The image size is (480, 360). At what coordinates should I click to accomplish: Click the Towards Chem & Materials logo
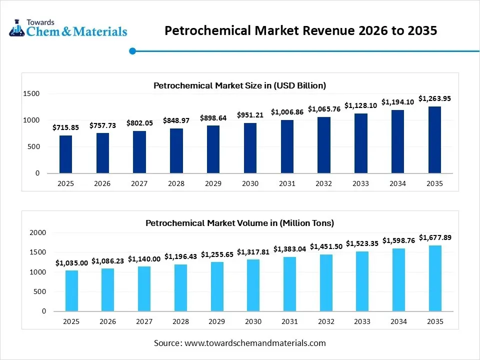pos(68,28)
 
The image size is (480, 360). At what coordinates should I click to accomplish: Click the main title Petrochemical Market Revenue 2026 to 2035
pos(301,30)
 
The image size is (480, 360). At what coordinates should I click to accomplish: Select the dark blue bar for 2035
pos(434,139)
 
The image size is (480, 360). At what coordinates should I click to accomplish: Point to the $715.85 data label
pos(66,128)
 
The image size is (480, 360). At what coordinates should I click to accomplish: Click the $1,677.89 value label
pos(434,237)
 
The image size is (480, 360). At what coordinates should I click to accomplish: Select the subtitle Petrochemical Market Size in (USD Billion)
pos(239,85)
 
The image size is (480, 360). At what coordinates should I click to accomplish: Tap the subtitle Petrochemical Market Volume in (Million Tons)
pos(239,223)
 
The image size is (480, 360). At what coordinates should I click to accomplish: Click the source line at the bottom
pos(239,343)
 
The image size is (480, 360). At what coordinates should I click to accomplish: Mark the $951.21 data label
pos(250,115)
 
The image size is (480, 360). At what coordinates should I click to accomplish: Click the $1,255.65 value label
pos(217,254)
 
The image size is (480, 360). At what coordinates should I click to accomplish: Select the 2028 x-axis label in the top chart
pos(176,183)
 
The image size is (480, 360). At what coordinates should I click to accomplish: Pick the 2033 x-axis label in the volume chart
pos(360,321)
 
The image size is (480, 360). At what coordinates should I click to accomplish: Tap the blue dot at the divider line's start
pos(132,50)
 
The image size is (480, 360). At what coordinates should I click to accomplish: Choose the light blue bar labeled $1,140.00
pos(144,288)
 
